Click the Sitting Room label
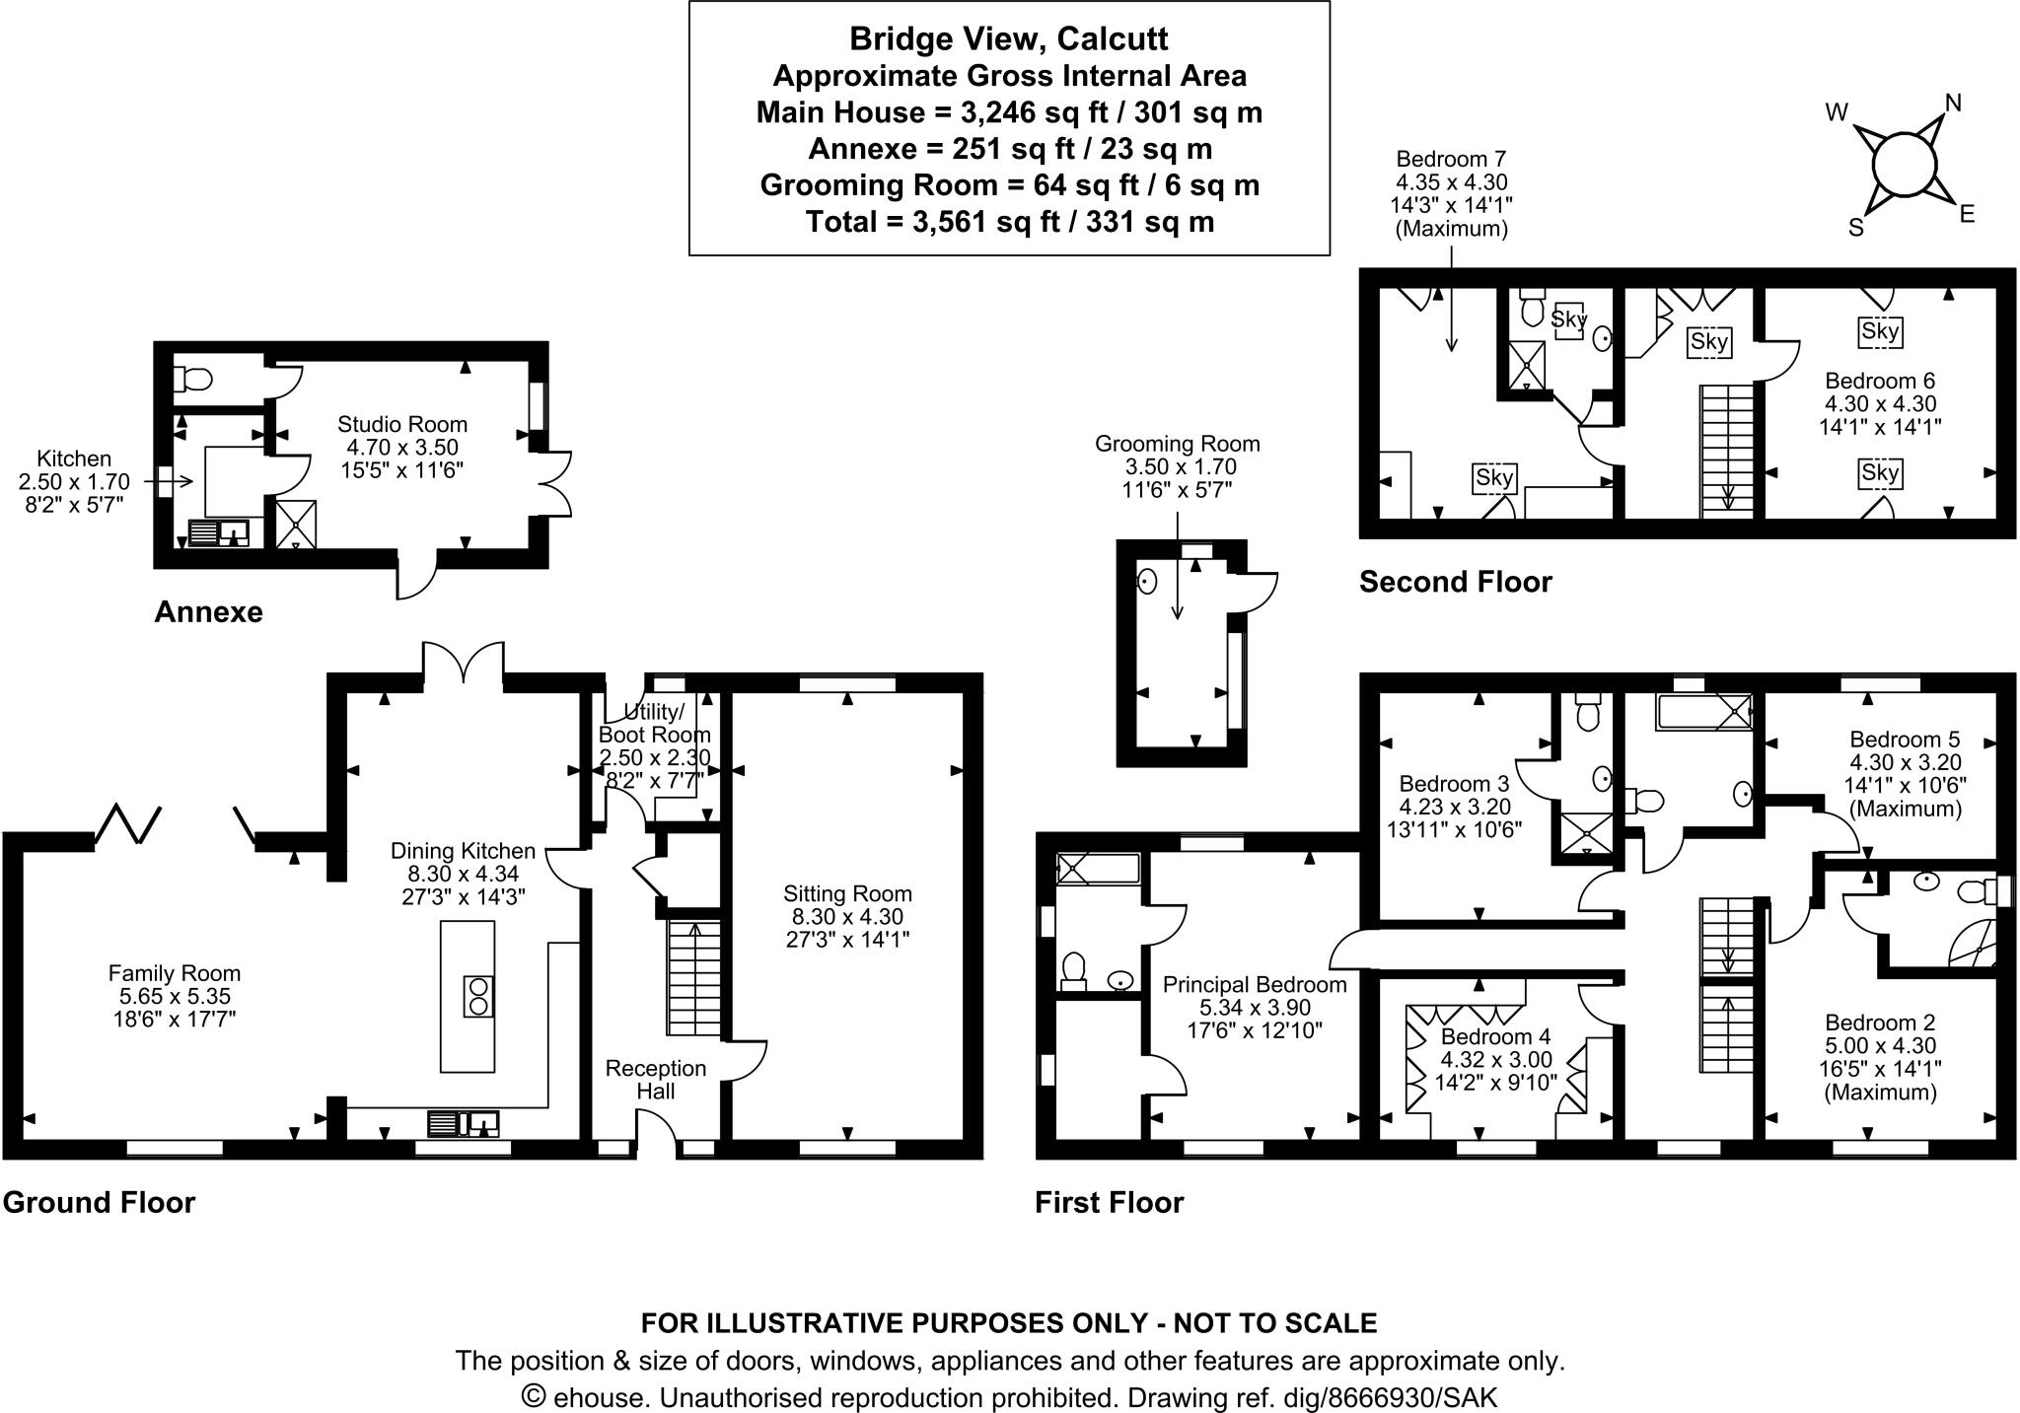[847, 893]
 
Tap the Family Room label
[174, 973]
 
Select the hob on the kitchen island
[478, 996]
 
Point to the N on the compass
[1952, 103]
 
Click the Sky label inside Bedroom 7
[1493, 478]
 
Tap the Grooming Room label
[1177, 444]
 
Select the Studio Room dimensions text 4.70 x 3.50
[401, 448]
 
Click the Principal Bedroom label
[1254, 984]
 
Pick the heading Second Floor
[1455, 582]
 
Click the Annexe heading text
[208, 612]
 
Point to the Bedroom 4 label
[1495, 1036]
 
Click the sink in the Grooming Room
[1146, 581]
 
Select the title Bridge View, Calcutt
[1008, 38]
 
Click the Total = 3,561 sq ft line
[1008, 222]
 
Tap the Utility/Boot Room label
[654, 724]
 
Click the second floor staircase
[1727, 449]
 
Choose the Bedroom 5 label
[1904, 740]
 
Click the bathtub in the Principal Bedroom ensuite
[1096, 868]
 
